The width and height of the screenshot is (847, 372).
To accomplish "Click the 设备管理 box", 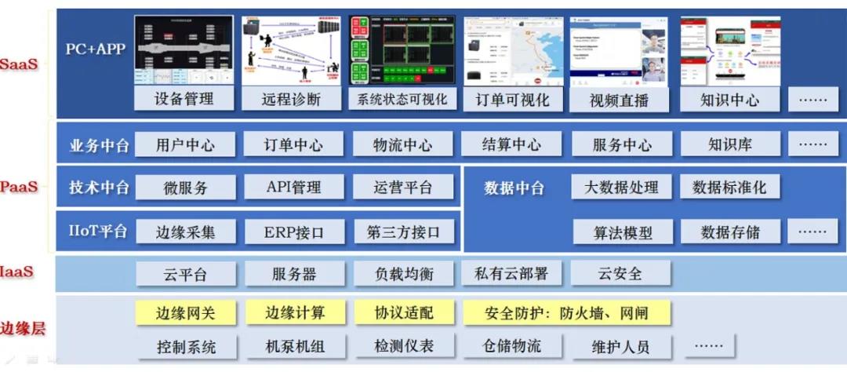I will (x=184, y=99).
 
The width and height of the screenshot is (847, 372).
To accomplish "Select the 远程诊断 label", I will (x=293, y=99).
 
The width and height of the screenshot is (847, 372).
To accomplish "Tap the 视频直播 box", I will (x=620, y=100).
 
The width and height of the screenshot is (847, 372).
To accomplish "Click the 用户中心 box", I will (x=185, y=145).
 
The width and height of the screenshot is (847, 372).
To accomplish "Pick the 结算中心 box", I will (x=511, y=145).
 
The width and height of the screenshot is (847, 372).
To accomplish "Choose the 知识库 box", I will (x=729, y=145).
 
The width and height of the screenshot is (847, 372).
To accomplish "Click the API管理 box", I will (x=294, y=188).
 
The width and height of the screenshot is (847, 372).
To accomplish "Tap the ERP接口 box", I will (x=294, y=232).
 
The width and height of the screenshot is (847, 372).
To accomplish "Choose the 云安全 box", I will (x=620, y=274).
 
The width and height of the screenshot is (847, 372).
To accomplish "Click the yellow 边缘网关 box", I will (x=185, y=313).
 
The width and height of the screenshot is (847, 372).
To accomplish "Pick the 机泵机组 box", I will (x=294, y=346).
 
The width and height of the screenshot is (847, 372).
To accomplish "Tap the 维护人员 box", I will (x=620, y=346).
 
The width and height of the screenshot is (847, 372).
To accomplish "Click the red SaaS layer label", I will (x=19, y=64).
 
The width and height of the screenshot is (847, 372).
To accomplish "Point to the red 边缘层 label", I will (x=23, y=329).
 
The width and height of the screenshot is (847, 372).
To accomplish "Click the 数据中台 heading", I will (x=514, y=188).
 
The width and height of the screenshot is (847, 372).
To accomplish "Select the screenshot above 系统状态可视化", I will (x=402, y=50).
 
